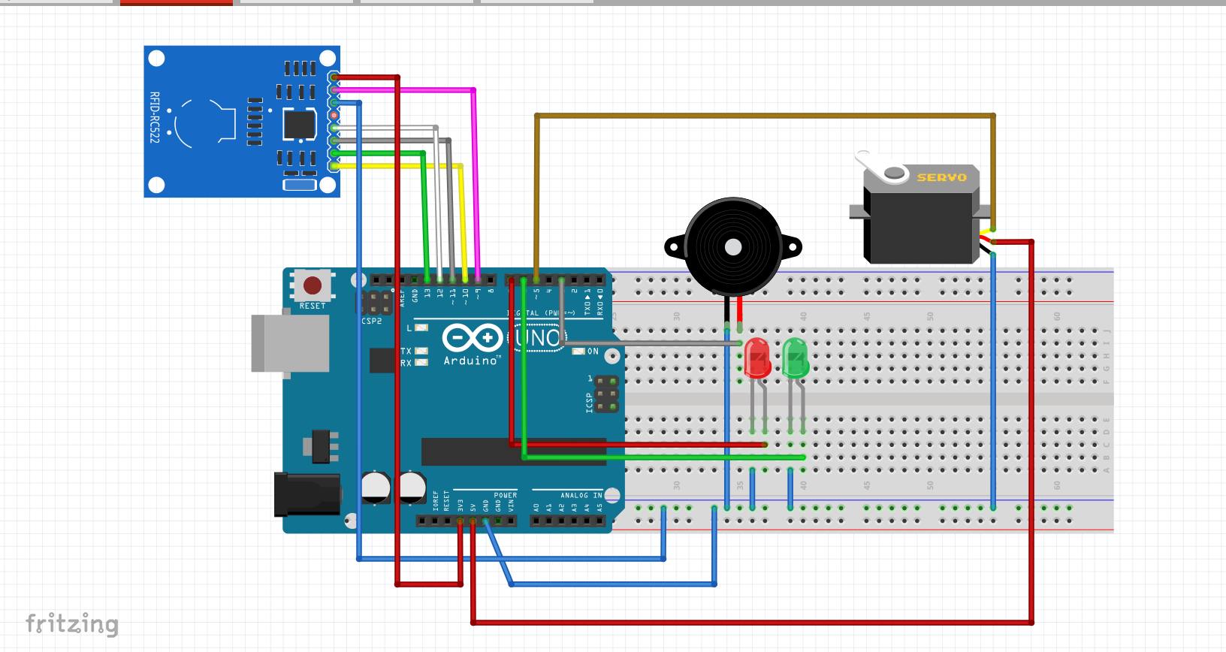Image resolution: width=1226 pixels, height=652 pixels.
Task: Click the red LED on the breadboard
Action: tap(757, 358)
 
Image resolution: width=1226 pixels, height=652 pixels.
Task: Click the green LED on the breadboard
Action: tap(796, 358)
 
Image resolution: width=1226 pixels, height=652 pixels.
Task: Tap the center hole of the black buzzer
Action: tap(733, 246)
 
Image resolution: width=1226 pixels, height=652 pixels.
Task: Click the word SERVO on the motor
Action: tap(941, 177)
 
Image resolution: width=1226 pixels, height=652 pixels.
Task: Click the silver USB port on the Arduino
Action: tap(290, 343)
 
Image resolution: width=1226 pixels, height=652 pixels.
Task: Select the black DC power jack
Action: tap(306, 494)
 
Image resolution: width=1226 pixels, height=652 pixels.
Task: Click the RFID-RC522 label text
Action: tap(154, 117)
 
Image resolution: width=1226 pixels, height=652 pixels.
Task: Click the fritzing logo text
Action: tap(72, 623)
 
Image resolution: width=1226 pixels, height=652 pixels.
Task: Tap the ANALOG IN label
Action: tap(581, 495)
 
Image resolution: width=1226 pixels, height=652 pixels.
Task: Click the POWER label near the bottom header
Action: tap(505, 495)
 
